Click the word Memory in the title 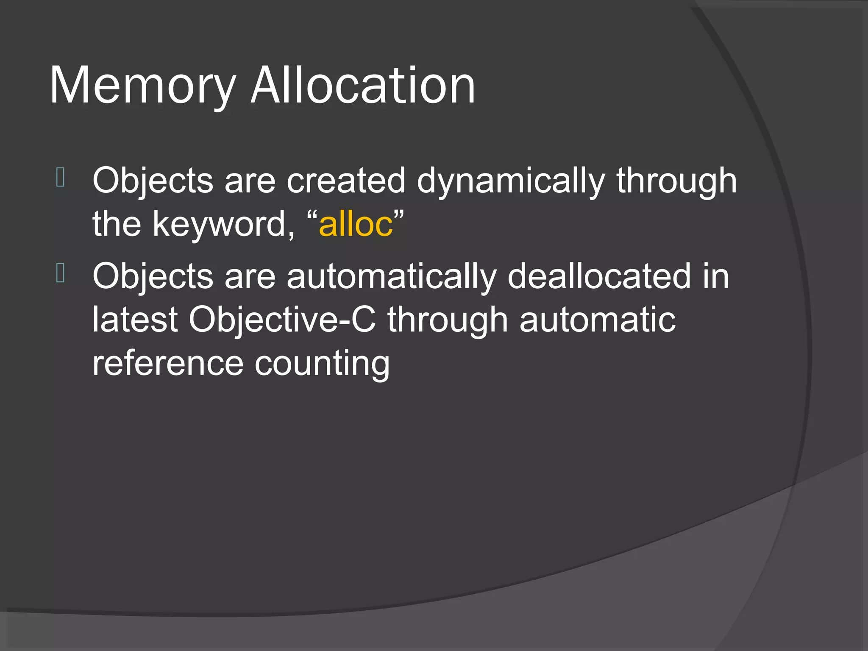coord(142,87)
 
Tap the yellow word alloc coord(356,224)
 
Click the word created coord(346,181)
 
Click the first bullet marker coord(60,178)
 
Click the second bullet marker coord(60,273)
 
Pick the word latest coord(135,320)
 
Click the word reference coord(168,364)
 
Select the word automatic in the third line coord(597,320)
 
